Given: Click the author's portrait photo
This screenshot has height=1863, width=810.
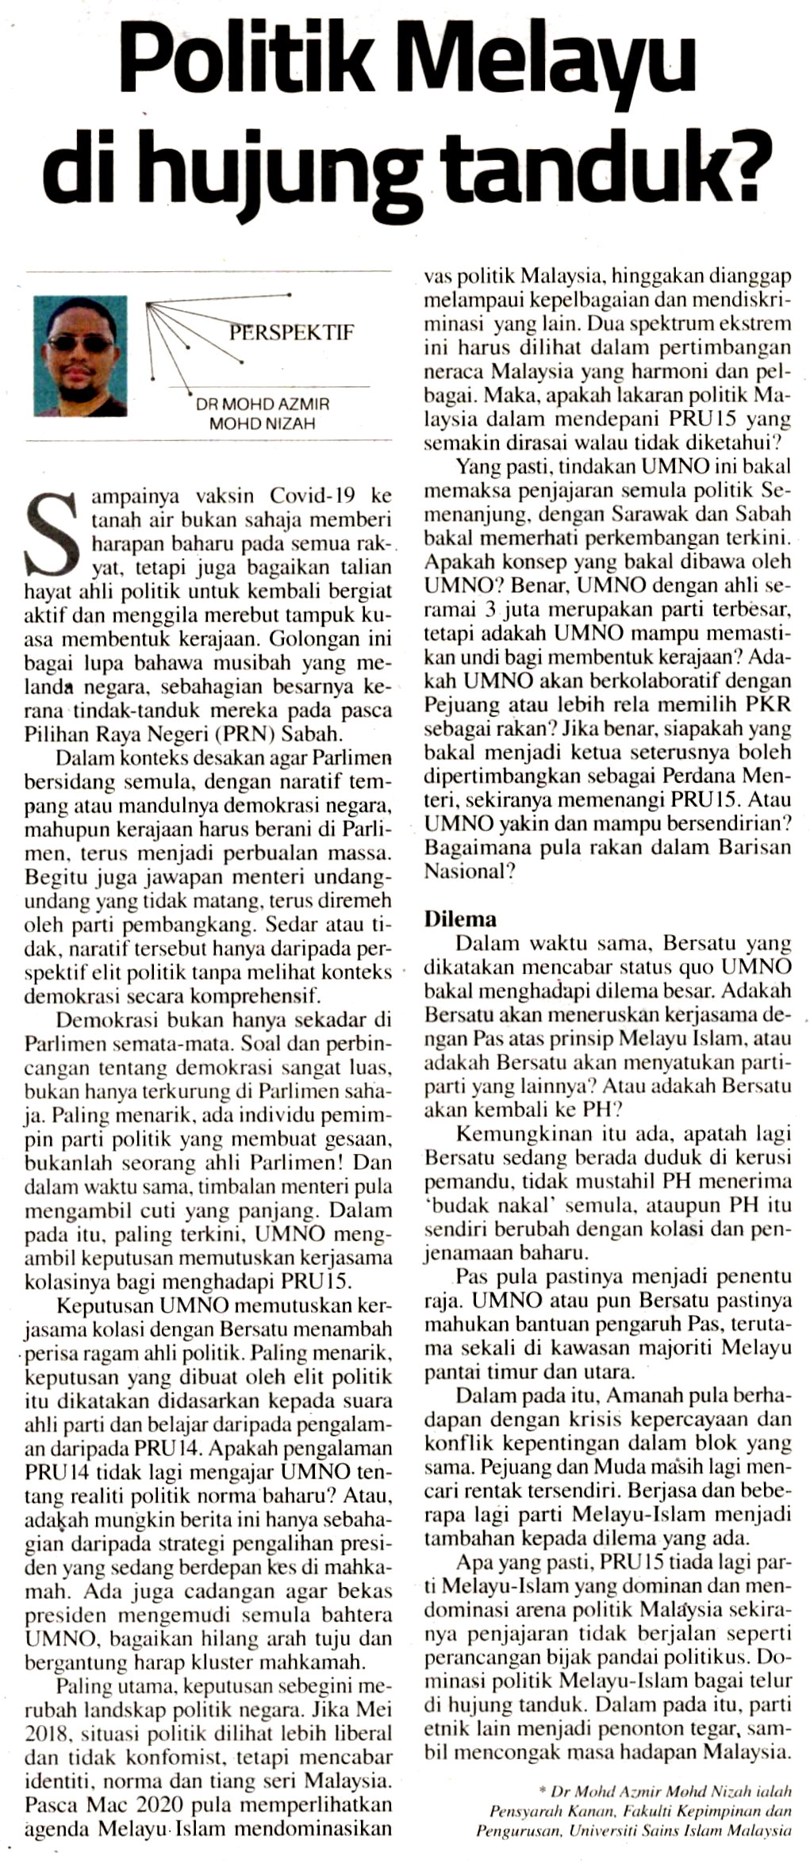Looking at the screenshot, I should tap(79, 356).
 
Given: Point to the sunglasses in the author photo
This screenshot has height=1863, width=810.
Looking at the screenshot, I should tap(80, 343).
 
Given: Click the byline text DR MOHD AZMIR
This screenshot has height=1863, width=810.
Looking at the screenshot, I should tap(263, 404).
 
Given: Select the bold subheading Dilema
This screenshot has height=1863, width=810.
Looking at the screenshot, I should tap(460, 919).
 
